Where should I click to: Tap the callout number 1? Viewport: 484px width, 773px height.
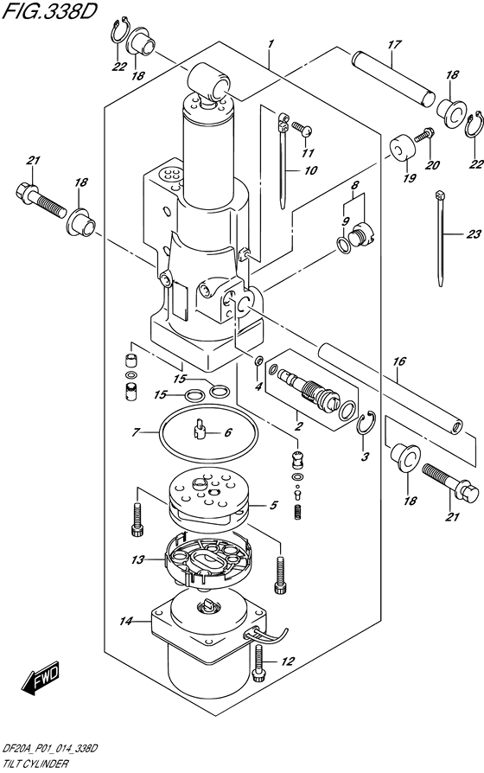click(271, 45)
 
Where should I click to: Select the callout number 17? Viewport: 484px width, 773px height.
click(394, 45)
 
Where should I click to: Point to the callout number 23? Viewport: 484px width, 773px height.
click(473, 234)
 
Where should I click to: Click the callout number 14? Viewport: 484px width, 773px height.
click(125, 622)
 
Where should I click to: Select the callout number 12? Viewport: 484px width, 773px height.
click(288, 661)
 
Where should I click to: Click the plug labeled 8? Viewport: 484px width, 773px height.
click(363, 233)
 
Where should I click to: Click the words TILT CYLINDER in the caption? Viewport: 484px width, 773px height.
click(35, 764)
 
